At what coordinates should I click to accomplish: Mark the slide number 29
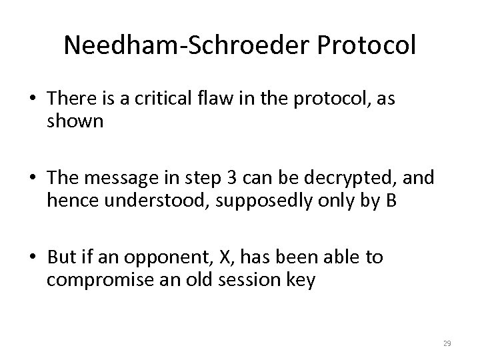[x=447, y=343]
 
